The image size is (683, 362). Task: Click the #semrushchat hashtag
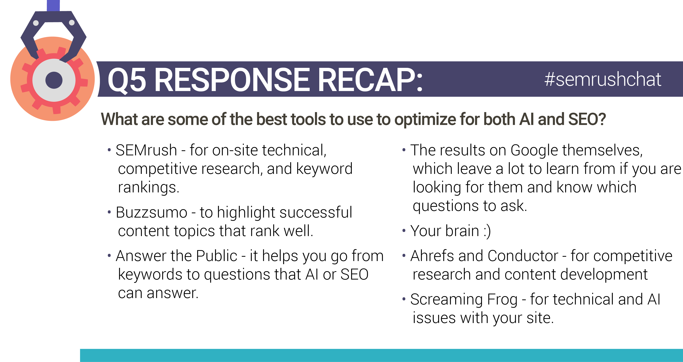pos(603,80)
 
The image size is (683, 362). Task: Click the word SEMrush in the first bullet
pos(146,150)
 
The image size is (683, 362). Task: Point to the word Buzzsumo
pos(152,212)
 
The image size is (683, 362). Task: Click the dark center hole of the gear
pos(54,80)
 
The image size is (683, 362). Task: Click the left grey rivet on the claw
pos(36,23)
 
